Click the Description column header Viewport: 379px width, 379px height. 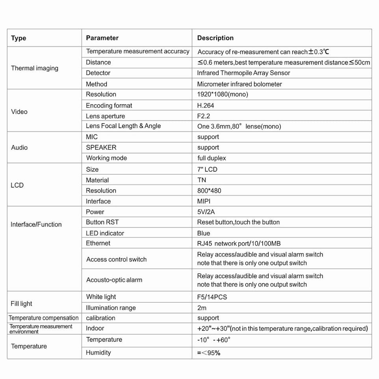click(215, 38)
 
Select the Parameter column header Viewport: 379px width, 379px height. click(102, 38)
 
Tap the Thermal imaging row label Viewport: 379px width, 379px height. click(35, 68)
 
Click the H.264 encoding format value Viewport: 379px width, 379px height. click(206, 106)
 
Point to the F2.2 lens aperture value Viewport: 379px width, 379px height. click(204, 116)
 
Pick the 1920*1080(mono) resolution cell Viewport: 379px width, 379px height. click(223, 95)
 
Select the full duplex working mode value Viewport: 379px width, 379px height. click(212, 158)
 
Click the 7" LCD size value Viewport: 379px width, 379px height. click(207, 169)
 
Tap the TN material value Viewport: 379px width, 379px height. click(202, 180)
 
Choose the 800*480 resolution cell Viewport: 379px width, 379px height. click(209, 191)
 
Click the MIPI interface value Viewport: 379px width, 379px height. click(204, 201)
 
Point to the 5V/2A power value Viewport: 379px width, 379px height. click(206, 212)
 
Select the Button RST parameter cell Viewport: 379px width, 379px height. click(102, 222)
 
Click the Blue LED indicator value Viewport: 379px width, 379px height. click(204, 233)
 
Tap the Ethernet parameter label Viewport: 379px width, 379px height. click(98, 243)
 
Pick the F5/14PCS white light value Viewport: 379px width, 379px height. click(212, 297)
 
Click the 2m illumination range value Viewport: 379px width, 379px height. click(202, 308)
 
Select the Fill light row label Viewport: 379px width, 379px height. click(21, 304)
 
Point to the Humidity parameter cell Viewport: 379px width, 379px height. click(98, 353)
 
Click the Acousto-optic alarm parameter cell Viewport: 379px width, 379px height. click(114, 280)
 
